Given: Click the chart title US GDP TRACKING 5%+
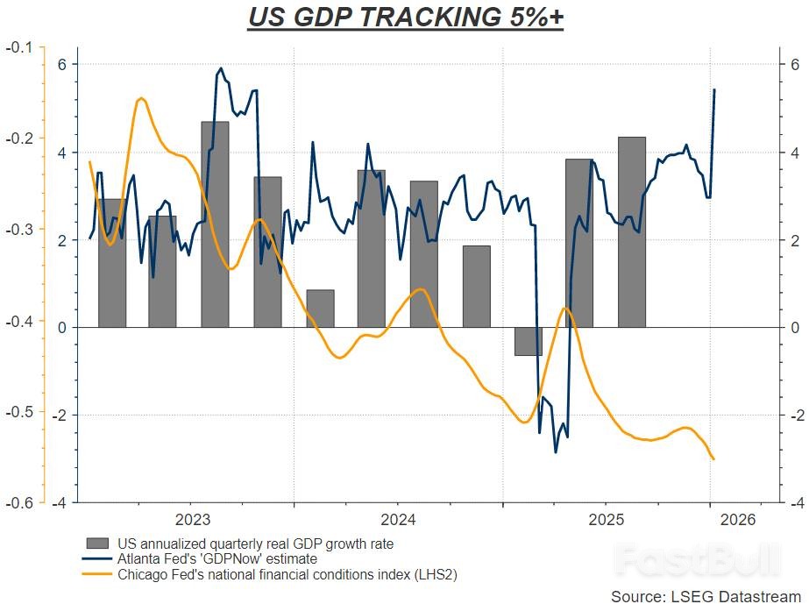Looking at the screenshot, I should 404,18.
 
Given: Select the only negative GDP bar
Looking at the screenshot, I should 529,341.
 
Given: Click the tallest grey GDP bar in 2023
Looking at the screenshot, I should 215,224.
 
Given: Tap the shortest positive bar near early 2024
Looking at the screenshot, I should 320,308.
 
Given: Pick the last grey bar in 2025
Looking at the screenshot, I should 631,231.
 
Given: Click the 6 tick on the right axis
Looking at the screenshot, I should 793,64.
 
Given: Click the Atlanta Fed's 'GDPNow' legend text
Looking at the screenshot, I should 216,558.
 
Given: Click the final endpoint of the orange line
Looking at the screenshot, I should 714,458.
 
